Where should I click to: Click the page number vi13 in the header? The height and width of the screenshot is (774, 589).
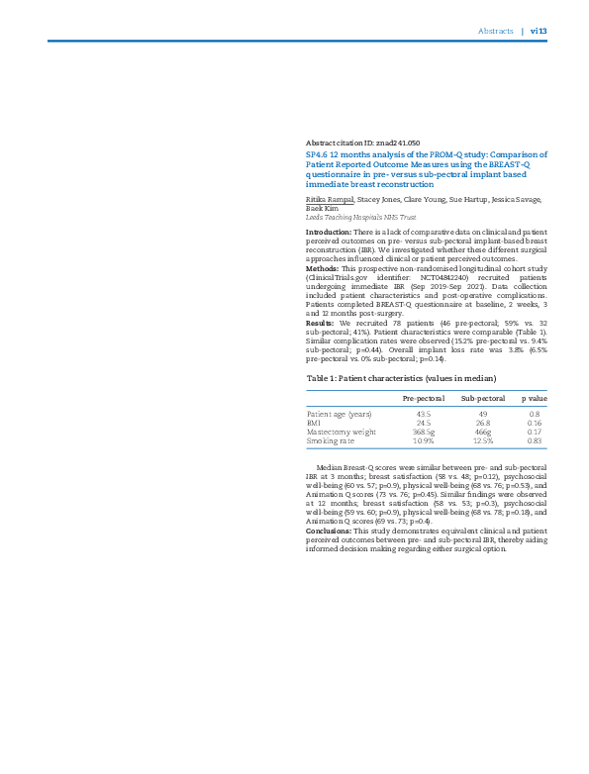click(x=539, y=31)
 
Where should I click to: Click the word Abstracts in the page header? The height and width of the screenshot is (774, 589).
click(x=495, y=31)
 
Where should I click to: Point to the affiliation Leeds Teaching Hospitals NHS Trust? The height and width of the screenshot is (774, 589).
click(x=360, y=217)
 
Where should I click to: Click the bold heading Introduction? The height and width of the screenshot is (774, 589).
click(x=330, y=232)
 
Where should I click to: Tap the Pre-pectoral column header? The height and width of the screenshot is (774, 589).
click(x=423, y=398)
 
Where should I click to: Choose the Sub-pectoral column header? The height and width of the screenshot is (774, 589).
click(x=483, y=398)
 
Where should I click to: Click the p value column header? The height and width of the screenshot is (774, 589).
click(x=535, y=398)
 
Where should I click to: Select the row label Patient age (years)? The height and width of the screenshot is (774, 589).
click(x=339, y=414)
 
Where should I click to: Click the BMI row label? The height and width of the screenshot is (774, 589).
click(x=314, y=423)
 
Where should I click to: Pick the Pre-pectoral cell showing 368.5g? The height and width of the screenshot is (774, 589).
click(x=424, y=432)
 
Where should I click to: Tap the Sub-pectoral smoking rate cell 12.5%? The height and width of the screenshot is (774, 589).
click(x=483, y=440)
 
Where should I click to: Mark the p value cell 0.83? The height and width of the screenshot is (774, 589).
click(x=535, y=440)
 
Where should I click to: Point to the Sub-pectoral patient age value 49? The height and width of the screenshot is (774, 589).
click(x=483, y=414)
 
